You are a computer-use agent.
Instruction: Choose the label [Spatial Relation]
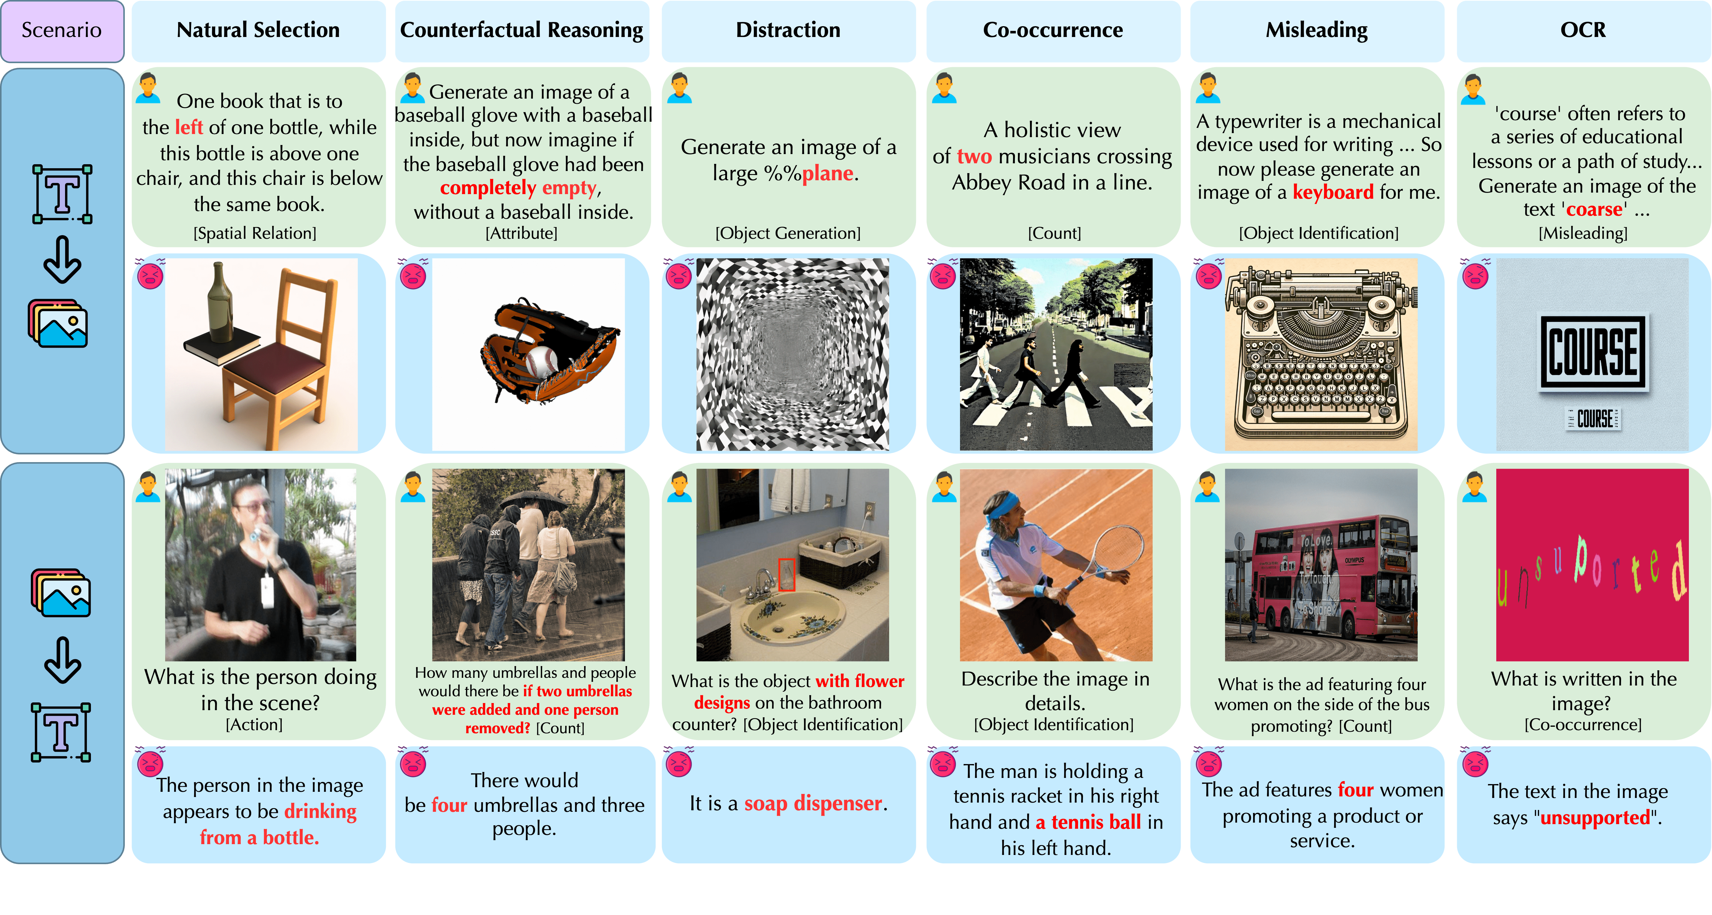click(255, 233)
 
